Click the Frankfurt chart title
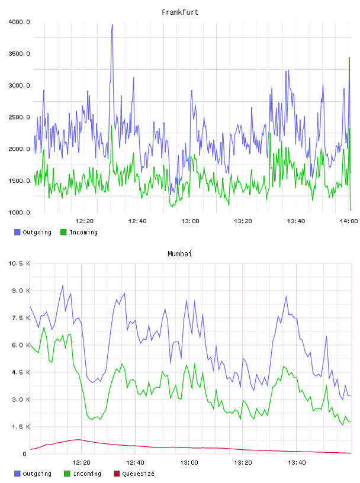point(180,12)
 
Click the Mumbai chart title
point(179,254)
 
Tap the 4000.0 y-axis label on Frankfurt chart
point(19,22)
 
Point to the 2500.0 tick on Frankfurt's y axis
point(19,117)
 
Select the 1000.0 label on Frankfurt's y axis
point(19,212)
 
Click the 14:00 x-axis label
point(349,221)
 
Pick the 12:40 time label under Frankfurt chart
point(137,221)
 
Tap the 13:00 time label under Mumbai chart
point(189,463)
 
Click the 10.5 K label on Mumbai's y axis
point(19,263)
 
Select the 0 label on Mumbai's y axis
point(25,454)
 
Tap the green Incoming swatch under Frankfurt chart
point(63,232)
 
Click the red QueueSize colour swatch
point(117,474)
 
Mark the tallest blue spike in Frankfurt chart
point(112,25)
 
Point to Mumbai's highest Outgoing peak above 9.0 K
point(63,285)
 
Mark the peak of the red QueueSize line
point(79,440)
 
